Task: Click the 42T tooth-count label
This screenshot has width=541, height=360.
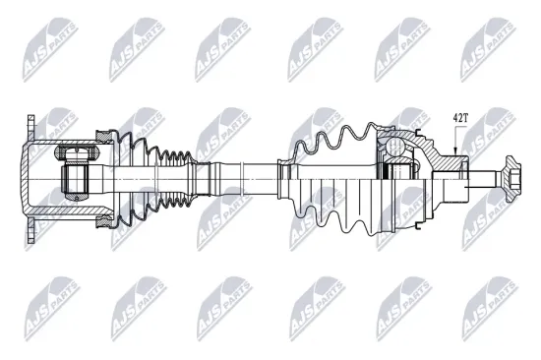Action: pyautogui.click(x=460, y=118)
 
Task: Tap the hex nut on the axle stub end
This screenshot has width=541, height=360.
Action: pyautogui.click(x=511, y=179)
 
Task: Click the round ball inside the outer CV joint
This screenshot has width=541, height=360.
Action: pyautogui.click(x=393, y=147)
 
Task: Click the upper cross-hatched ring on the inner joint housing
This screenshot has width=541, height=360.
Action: pyautogui.click(x=104, y=137)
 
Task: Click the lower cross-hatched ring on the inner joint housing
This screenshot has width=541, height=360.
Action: pyautogui.click(x=104, y=221)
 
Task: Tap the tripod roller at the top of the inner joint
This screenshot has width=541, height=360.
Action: pyautogui.click(x=77, y=152)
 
